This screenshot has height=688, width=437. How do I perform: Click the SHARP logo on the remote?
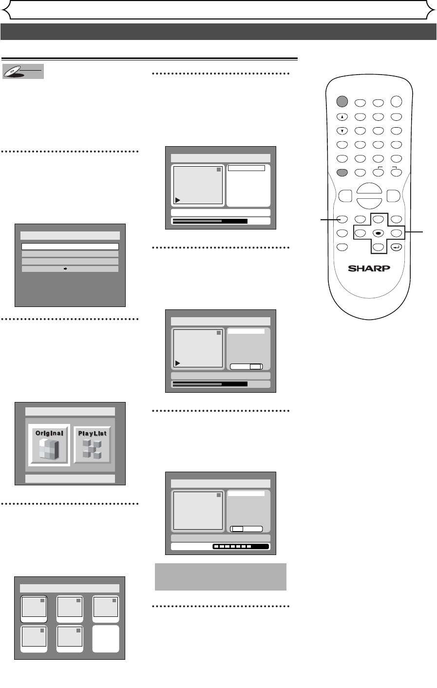point(369,269)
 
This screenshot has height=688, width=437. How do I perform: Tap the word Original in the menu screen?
point(49,433)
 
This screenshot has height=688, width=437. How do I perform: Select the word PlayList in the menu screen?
point(92,433)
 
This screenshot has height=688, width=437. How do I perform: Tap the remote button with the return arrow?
point(397,247)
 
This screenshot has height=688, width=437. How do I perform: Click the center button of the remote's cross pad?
point(378,233)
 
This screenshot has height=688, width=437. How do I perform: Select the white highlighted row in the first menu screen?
point(70,247)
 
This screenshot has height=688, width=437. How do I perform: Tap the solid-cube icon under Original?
point(49,450)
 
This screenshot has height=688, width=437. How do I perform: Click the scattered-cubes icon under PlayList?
point(92,449)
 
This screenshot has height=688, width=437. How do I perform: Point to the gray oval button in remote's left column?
point(342,172)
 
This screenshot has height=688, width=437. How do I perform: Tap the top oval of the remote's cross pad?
point(378,220)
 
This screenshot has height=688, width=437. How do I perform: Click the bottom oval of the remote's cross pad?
point(378,247)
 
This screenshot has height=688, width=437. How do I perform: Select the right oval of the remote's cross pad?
point(397,233)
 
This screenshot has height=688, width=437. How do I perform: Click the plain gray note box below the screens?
point(220,577)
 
